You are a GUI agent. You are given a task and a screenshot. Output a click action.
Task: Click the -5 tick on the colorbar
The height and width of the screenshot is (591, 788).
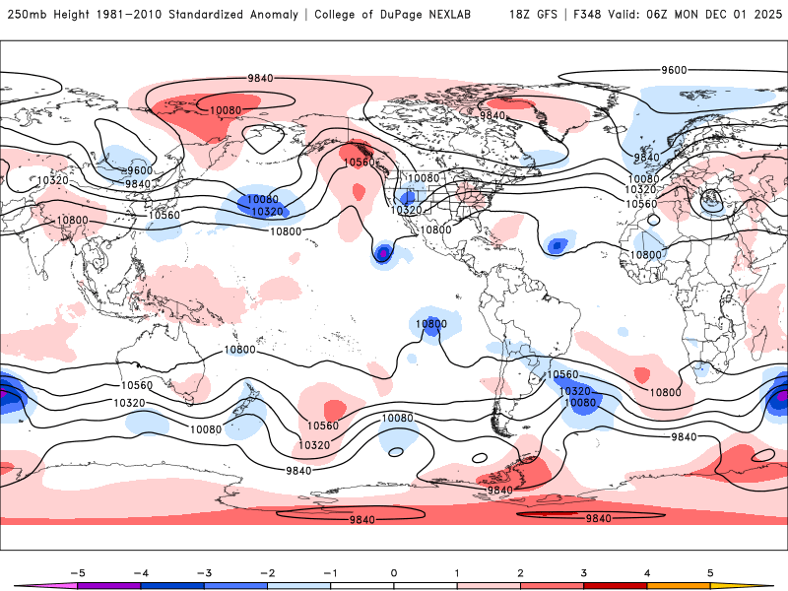[77, 572]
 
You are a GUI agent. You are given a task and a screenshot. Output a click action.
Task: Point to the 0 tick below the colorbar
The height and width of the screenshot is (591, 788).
[394, 572]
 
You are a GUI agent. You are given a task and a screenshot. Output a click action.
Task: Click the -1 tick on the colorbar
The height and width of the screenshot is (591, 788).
[331, 572]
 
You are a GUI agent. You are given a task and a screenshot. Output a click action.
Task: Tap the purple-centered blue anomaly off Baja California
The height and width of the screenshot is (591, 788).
[382, 254]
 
